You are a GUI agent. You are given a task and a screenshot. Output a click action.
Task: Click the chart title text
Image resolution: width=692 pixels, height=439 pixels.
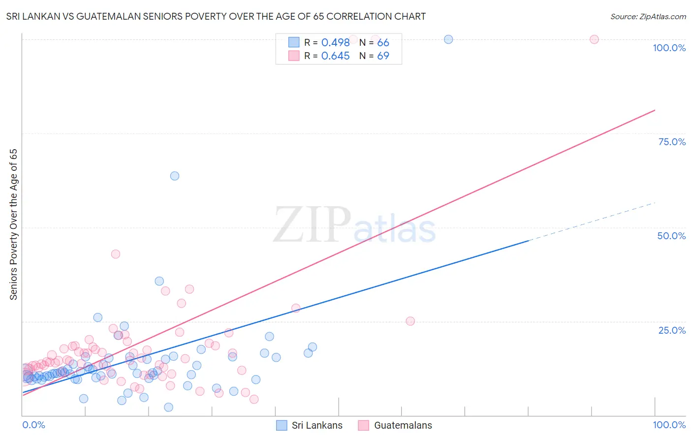click(216, 16)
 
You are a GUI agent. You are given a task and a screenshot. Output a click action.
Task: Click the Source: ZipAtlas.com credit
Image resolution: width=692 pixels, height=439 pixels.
click(648, 16)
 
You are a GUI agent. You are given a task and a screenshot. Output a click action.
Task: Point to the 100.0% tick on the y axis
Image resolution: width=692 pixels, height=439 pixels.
click(669, 48)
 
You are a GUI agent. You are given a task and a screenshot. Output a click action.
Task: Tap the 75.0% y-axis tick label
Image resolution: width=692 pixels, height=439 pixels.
click(672, 142)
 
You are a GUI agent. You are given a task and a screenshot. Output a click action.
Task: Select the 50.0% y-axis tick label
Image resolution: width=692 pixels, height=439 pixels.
click(671, 236)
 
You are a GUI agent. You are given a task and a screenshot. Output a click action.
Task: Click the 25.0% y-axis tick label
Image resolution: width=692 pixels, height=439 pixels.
click(672, 330)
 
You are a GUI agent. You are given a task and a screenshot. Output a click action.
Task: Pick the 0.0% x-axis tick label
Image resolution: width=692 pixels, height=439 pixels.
click(33, 425)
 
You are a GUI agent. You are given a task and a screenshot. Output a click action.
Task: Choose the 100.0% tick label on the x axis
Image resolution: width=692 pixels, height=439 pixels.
click(669, 425)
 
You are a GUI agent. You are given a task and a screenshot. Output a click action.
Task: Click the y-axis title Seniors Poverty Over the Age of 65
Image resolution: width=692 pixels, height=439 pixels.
click(14, 224)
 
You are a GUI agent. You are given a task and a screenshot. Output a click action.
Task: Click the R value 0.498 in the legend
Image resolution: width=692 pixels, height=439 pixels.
click(335, 43)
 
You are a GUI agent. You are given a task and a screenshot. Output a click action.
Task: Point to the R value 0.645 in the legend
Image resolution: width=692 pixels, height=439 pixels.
click(335, 56)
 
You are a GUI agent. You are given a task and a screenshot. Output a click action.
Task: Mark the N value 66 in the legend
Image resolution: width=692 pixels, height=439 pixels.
click(383, 43)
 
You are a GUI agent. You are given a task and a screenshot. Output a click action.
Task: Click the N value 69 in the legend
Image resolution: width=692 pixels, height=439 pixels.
click(383, 56)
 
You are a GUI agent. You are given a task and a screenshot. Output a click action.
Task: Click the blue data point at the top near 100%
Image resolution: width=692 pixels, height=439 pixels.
click(448, 39)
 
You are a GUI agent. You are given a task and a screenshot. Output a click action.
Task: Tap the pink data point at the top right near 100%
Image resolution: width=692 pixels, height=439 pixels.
click(594, 39)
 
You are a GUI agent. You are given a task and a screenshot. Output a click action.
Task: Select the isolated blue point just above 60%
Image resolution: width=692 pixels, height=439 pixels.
click(175, 176)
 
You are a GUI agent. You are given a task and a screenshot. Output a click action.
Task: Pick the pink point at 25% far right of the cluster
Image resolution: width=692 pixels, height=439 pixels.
click(410, 321)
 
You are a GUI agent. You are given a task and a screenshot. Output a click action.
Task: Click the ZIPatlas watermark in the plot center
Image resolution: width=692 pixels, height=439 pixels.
click(354, 225)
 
